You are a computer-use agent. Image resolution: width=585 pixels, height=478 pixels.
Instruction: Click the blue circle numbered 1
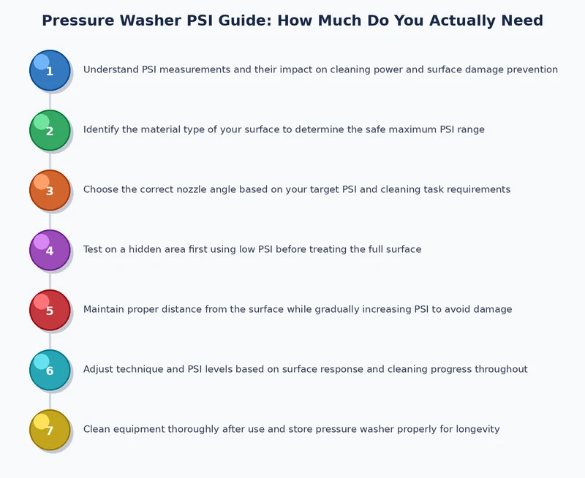50,70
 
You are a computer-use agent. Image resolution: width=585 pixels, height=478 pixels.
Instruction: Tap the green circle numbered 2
50,130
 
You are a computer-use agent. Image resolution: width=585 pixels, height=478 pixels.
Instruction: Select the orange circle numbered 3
50,190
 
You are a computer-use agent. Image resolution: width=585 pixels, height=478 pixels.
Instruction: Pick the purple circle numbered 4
50,250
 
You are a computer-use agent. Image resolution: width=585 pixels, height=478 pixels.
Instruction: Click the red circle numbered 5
50,310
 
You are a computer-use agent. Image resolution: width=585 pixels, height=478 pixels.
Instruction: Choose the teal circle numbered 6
50,370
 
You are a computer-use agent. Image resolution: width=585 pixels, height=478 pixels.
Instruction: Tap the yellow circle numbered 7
50,430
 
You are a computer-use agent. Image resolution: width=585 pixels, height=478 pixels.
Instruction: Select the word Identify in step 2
102,130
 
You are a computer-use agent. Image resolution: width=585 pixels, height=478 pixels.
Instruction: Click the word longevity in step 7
474,430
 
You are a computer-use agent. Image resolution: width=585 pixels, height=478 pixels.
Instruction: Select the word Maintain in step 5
105,310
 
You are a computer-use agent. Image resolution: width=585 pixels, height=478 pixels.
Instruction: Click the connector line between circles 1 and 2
50,100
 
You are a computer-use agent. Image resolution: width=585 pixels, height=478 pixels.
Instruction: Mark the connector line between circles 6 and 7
50,400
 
